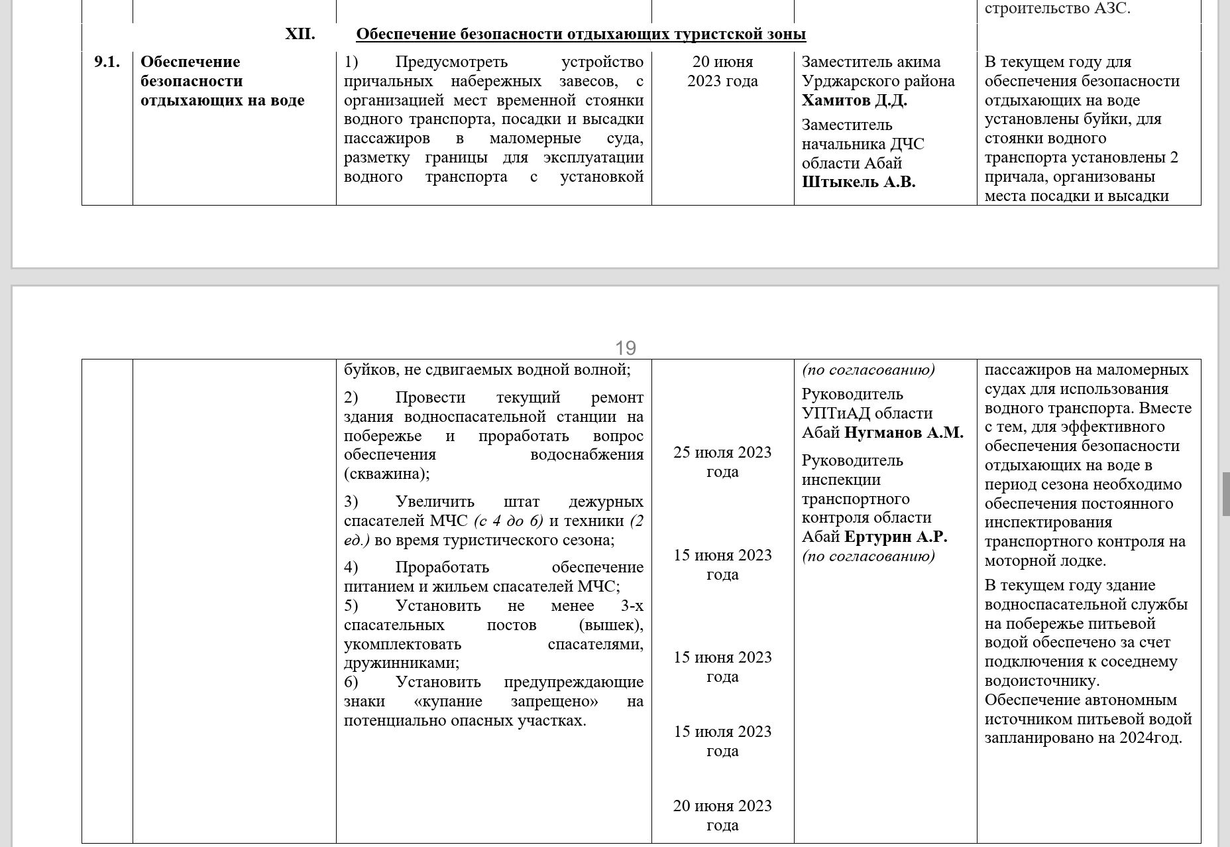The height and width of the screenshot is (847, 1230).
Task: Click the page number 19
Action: [625, 348]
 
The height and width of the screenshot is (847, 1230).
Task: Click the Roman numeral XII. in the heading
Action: [300, 34]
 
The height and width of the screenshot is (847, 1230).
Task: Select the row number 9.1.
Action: [107, 62]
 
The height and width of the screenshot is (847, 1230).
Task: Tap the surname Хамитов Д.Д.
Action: [854, 100]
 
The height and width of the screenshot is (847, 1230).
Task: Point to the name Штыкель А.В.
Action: [858, 182]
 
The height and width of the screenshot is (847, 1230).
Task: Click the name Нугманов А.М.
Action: [904, 432]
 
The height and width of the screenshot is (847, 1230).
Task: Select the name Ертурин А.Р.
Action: [896, 537]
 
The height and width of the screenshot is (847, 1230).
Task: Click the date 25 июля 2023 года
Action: [722, 462]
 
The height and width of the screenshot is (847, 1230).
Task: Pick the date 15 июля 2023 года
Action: [722, 741]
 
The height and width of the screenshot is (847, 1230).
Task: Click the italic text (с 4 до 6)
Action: [508, 521]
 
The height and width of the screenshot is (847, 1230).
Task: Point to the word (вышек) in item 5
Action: [610, 625]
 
